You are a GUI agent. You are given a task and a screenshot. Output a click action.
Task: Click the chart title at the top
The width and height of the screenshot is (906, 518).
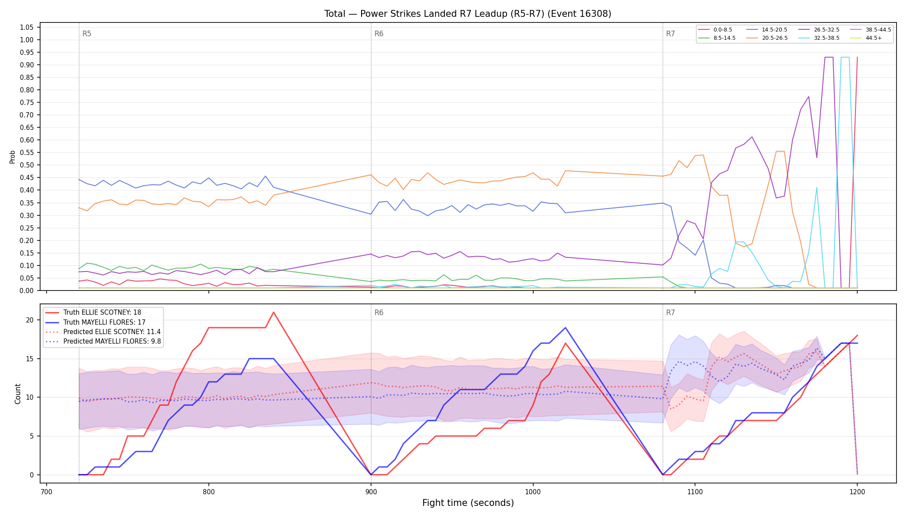468,14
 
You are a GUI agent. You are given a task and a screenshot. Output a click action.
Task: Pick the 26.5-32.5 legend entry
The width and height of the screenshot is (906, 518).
819,30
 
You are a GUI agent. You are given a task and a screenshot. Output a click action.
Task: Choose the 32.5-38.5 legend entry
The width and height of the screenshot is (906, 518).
819,38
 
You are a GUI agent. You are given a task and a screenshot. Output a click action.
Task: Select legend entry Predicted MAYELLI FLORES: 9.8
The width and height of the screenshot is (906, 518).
103,341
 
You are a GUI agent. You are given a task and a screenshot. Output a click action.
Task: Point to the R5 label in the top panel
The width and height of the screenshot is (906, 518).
87,34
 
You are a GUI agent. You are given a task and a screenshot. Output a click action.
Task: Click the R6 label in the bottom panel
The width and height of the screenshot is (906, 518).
379,313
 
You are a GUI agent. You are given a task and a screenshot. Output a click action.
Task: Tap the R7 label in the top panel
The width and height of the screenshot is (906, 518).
670,34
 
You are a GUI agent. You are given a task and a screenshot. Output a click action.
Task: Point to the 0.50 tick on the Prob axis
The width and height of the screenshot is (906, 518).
26,165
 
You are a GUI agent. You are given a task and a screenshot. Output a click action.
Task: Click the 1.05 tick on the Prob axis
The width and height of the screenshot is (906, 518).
26,27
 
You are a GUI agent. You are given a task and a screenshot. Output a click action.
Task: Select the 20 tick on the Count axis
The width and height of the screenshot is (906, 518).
29,320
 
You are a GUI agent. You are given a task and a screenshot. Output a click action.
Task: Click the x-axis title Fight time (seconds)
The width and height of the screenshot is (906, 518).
468,503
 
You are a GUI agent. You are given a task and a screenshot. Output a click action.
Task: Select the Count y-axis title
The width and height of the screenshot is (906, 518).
18,394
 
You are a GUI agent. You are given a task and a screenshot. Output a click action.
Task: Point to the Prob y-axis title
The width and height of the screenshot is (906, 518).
12,157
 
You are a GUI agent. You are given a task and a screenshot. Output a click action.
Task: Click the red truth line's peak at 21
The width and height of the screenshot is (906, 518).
274,312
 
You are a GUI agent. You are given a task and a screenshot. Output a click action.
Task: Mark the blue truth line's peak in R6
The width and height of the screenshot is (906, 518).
566,328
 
